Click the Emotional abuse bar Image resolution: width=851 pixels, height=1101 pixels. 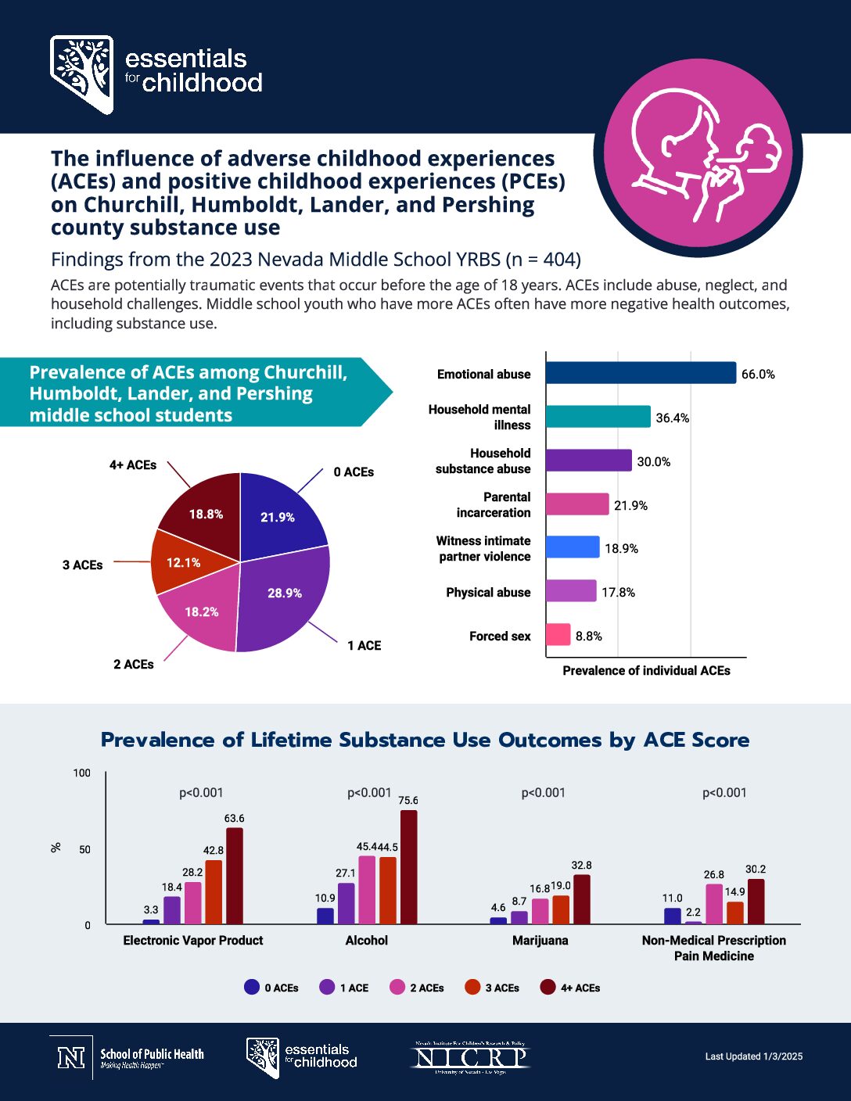pos(641,373)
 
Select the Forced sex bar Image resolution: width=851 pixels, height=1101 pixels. pos(558,634)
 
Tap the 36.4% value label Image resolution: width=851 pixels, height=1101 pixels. pos(673,418)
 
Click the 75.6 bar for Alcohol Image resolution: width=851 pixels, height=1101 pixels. pos(408,867)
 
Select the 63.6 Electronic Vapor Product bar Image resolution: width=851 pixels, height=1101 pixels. pos(235,876)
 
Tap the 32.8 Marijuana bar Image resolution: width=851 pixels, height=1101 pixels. pos(582,899)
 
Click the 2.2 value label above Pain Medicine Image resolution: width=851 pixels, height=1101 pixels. pos(693,913)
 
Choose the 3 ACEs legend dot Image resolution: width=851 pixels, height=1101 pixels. pos(472,988)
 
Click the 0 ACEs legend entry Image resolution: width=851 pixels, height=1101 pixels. pos(271,988)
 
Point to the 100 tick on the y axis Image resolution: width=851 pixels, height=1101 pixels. pos(82,773)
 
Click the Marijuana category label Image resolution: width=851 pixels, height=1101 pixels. pos(540,941)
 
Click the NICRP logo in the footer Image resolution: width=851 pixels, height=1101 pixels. pos(470,1057)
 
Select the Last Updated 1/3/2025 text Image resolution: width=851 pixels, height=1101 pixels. pos(753,1056)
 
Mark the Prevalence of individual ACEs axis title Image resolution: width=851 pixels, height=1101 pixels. pos(646,671)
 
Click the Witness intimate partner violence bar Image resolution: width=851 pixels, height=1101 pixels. pos(573,547)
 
